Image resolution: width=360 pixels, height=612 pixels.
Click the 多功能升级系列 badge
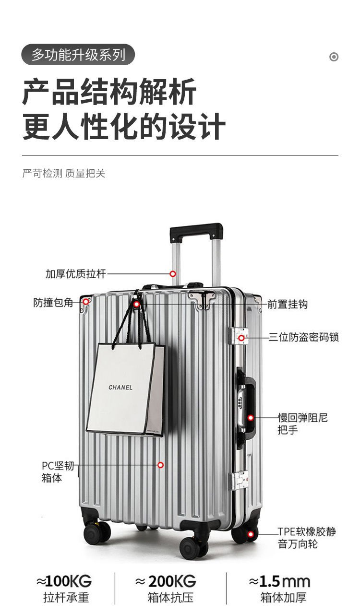(78, 55)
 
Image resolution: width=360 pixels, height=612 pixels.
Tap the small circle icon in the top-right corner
(334, 57)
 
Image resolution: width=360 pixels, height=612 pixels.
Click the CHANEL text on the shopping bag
(120, 387)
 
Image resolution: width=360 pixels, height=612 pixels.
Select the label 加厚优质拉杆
(75, 274)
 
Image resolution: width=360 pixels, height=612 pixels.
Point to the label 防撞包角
(53, 303)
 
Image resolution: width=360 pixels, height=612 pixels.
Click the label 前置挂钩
(288, 304)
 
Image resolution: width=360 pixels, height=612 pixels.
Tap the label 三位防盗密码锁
(303, 337)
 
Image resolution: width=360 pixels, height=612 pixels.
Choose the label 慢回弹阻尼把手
(302, 424)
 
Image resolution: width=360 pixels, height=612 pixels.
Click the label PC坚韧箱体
(58, 471)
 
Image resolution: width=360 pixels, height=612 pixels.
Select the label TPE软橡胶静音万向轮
(307, 538)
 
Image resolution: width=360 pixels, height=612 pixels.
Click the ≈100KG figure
(64, 582)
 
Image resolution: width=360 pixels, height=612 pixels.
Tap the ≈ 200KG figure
(166, 582)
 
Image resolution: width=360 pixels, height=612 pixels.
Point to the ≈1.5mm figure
(279, 582)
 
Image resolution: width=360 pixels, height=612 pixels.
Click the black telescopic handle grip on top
(196, 232)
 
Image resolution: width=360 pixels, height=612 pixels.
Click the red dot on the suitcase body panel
(161, 465)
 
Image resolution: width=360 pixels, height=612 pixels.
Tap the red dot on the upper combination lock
(241, 338)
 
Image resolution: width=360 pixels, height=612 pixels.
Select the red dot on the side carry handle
(251, 418)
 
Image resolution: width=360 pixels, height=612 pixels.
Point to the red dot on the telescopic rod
(173, 274)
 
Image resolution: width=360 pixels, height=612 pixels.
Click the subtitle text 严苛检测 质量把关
(64, 173)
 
